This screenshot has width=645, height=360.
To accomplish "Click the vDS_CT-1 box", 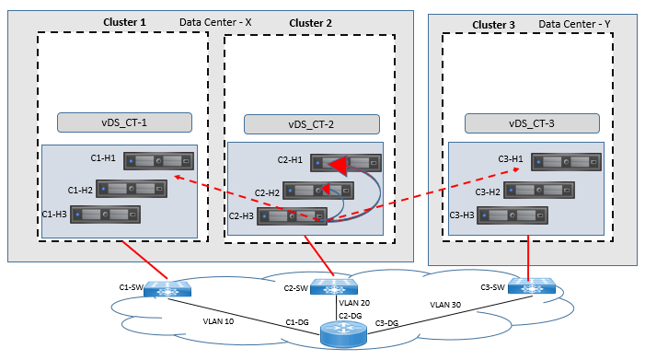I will click(x=124, y=122).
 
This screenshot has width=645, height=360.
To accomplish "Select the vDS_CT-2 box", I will click(x=310, y=124).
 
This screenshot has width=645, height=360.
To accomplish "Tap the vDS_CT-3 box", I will click(x=532, y=123).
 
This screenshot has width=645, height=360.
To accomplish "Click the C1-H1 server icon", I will click(x=161, y=160).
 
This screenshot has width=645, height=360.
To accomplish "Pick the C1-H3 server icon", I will click(x=106, y=214).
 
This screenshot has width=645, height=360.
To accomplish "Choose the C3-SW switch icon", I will click(x=530, y=287).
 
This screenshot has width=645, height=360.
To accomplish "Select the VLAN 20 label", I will click(x=354, y=302).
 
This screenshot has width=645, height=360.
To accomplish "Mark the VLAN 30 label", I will click(x=448, y=303).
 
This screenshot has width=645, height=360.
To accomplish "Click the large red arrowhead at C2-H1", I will click(x=340, y=166).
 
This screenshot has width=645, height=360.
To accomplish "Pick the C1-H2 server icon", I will click(x=133, y=188).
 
